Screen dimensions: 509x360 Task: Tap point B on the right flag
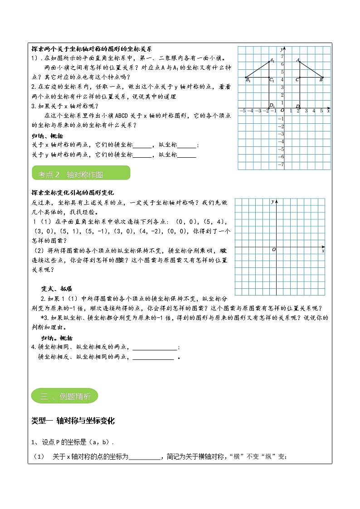(x=323, y=77)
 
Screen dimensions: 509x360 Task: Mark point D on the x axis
(x=299, y=108)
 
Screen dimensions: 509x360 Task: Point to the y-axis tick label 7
(x=282, y=57)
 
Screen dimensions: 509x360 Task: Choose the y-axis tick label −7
(x=281, y=165)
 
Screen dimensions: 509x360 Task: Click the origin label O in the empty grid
(x=273, y=250)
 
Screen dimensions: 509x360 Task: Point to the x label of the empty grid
(x=323, y=251)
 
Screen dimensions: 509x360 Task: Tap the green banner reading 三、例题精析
(x=65, y=397)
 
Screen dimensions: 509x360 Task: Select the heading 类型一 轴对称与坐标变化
(x=73, y=421)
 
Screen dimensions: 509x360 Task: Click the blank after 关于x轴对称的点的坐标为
(x=145, y=457)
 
